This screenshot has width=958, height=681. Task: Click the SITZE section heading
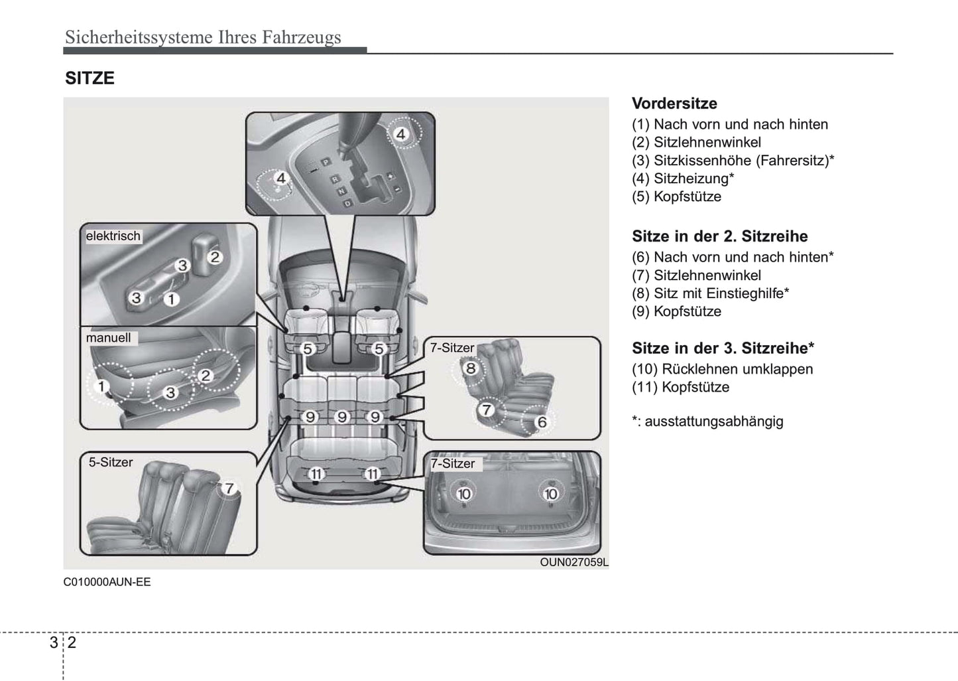(x=90, y=78)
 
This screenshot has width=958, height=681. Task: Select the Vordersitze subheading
(x=674, y=104)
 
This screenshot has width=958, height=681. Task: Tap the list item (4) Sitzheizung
(x=683, y=179)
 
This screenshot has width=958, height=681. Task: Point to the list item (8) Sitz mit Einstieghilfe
(x=710, y=293)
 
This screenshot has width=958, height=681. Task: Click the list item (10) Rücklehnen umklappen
(x=722, y=369)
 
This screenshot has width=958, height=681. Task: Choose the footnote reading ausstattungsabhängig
(x=707, y=421)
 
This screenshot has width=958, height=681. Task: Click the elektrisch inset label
(x=113, y=236)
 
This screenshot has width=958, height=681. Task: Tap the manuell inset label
(x=109, y=338)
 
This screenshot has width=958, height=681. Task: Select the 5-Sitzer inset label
(x=111, y=463)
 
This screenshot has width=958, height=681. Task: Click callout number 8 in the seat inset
(x=471, y=368)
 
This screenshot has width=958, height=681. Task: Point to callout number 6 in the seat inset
(x=542, y=422)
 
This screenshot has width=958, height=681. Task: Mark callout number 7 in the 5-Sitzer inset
(x=229, y=489)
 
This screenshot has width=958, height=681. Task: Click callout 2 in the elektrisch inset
(x=215, y=257)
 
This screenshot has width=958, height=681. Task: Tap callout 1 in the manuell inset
(x=101, y=386)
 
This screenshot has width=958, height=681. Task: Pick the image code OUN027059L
(x=573, y=562)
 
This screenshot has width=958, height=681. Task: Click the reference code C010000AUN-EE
(x=107, y=582)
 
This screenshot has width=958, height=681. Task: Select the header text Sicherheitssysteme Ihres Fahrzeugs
(x=203, y=37)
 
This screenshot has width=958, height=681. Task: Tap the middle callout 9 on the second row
(x=342, y=417)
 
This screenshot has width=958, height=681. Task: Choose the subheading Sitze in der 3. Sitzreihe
(x=723, y=348)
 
